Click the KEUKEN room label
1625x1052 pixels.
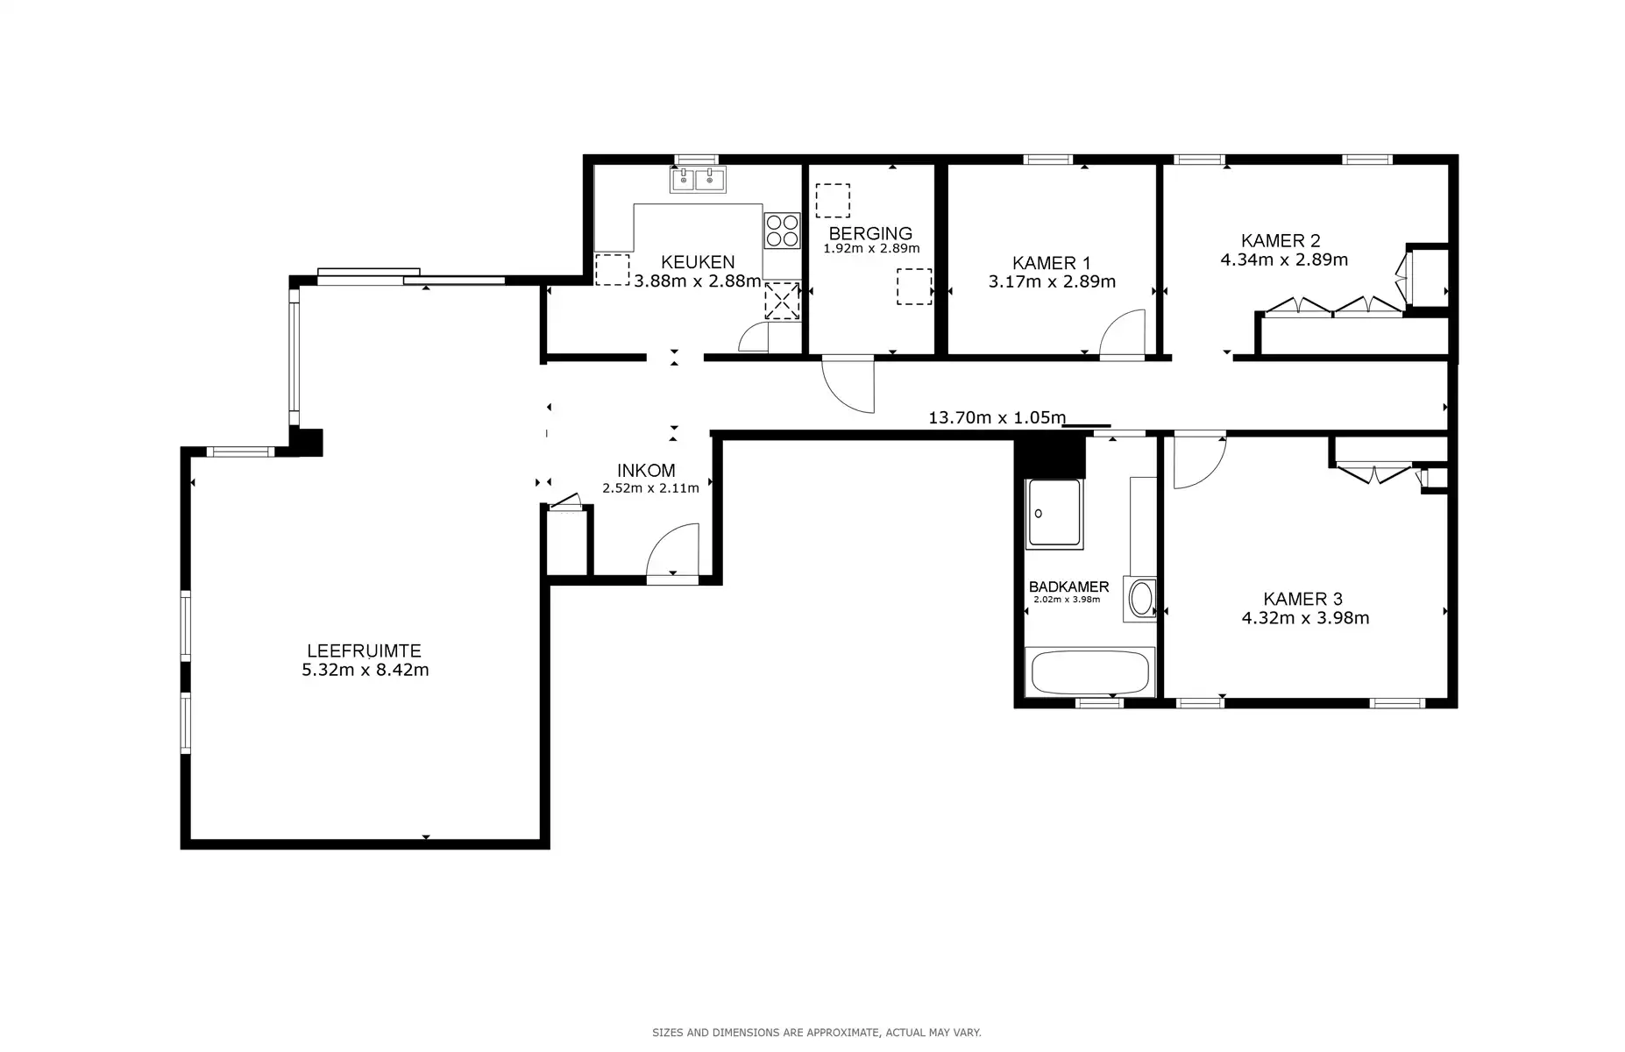[x=698, y=262]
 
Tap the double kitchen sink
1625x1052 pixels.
[x=698, y=180]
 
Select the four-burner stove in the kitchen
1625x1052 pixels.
[x=782, y=230]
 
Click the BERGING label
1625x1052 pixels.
[x=870, y=233]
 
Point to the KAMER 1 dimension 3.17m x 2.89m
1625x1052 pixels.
[x=1052, y=282]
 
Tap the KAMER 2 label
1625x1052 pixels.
[x=1281, y=240]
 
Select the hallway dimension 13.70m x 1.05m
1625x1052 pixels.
[x=997, y=418]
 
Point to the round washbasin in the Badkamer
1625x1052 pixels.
[x=1141, y=600]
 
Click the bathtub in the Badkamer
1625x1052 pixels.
[x=1089, y=673]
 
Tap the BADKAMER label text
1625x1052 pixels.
[x=1068, y=587]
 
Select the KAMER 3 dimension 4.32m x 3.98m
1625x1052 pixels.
[x=1305, y=618]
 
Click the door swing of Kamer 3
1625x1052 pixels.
[x=1197, y=462]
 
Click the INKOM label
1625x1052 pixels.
[x=646, y=470]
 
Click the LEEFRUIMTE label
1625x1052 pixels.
[x=364, y=651]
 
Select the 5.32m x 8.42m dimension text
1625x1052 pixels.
[x=365, y=671]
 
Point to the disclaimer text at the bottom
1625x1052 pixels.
[x=816, y=1033]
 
